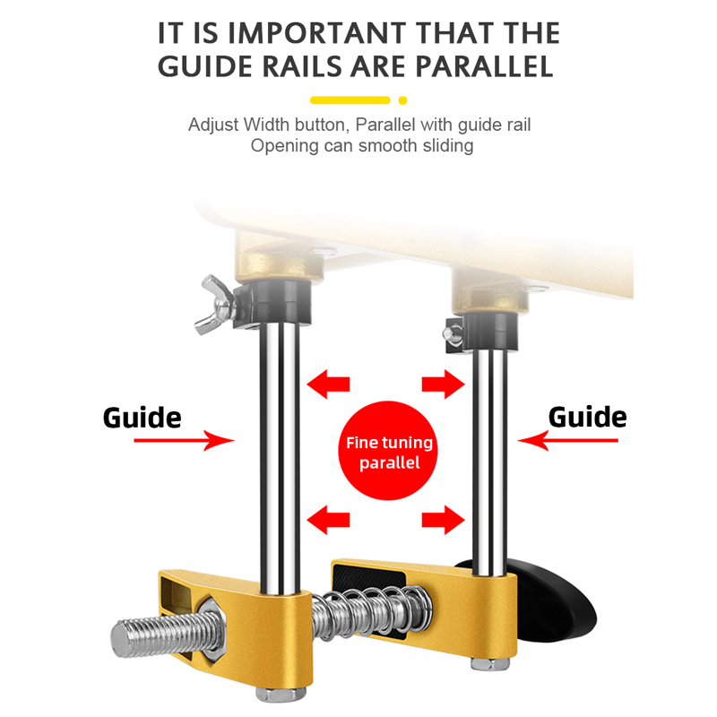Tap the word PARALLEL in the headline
(485, 66)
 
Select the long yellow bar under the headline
(350, 100)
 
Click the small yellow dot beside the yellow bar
(402, 100)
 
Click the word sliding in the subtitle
(447, 146)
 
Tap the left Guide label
(143, 418)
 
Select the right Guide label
(588, 417)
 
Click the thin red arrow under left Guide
(184, 440)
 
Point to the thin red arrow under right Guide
(567, 440)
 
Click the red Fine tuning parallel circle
(388, 451)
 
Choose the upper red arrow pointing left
(328, 384)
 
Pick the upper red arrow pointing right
(443, 384)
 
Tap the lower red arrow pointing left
(328, 520)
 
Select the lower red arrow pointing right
(443, 520)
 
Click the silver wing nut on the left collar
(214, 305)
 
